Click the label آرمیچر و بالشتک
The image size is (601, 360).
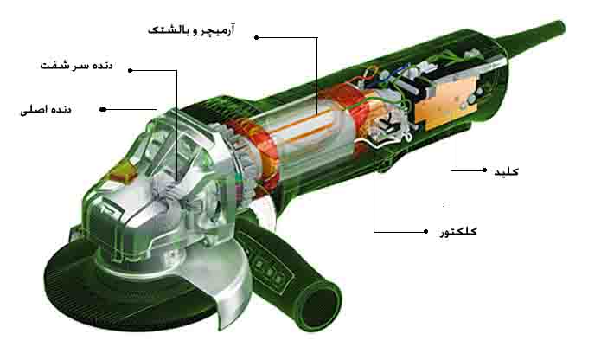tap(191, 30)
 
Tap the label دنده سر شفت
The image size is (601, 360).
tap(76, 65)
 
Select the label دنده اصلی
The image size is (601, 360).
tap(46, 110)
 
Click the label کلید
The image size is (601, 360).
tap(507, 171)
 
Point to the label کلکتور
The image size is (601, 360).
tap(458, 232)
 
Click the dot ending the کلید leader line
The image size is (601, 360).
tap(485, 170)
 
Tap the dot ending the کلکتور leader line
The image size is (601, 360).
tap(425, 232)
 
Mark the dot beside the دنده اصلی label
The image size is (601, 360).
tap(103, 110)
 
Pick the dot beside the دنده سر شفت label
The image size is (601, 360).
tap(131, 71)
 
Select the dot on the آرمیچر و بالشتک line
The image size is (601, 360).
tap(257, 37)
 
